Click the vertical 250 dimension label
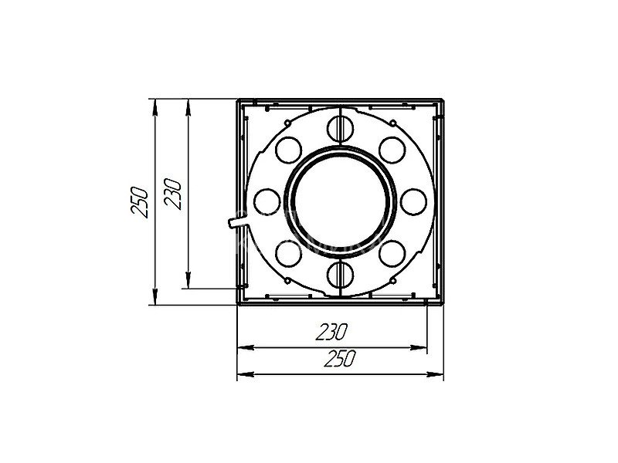click(140, 202)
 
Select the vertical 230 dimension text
click(172, 194)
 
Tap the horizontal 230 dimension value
click(331, 332)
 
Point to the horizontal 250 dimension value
click(340, 358)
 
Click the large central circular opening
click(341, 202)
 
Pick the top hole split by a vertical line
click(340, 128)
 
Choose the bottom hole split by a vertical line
click(340, 275)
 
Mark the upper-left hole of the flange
click(288, 150)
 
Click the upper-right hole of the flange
click(392, 150)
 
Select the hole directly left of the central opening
click(267, 202)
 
